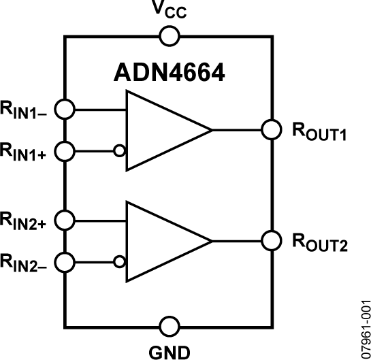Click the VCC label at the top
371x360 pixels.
click(167, 12)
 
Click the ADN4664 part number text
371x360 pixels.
click(168, 73)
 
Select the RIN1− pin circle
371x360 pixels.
click(65, 109)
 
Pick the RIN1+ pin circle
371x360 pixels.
click(65, 150)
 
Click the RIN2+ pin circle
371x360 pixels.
click(65, 220)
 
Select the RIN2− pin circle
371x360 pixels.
click(65, 261)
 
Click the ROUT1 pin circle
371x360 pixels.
click(272, 129)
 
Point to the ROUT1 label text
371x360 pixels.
click(319, 131)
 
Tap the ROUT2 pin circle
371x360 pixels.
click(272, 240)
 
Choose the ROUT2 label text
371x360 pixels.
click(319, 243)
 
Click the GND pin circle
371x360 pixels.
click(167, 326)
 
